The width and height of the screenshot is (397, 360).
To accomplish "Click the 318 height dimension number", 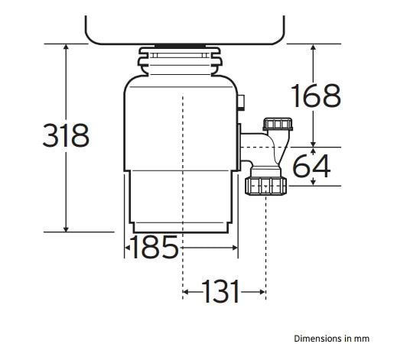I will [65, 136].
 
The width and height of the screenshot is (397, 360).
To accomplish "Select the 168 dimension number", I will [316, 96].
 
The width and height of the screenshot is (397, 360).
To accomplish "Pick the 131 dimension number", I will [221, 291].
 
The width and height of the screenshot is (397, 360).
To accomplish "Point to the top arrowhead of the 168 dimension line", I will [314, 48].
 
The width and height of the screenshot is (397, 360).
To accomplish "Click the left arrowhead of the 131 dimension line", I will [187, 291].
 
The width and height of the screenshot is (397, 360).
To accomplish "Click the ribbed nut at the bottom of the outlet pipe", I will [265, 186].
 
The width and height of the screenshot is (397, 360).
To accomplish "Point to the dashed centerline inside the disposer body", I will [183, 153].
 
